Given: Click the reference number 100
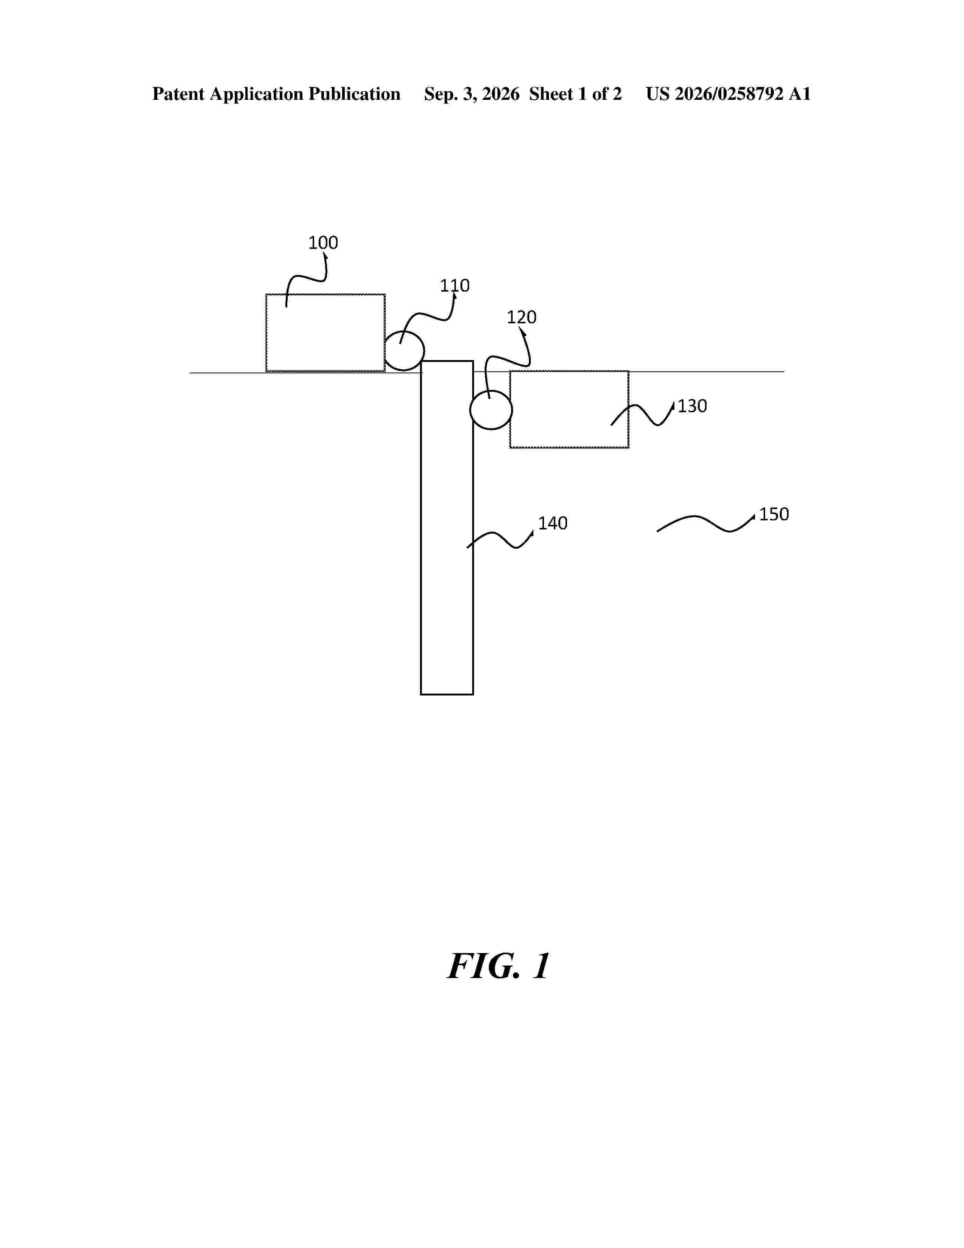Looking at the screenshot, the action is click(323, 243).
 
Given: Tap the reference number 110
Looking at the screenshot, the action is click(454, 286).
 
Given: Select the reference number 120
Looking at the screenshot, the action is click(521, 317).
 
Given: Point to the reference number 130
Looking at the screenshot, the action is click(692, 406).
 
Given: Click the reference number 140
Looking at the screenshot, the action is click(553, 523).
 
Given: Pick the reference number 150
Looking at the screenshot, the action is click(774, 514).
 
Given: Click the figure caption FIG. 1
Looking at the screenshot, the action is click(499, 967).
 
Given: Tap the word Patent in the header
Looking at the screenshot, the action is click(178, 94).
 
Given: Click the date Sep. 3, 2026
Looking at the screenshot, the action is click(472, 94).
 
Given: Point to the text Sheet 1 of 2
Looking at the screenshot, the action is click(575, 94).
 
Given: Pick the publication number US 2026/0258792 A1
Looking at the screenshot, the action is click(728, 94).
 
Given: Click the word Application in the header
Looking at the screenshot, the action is click(256, 94).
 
